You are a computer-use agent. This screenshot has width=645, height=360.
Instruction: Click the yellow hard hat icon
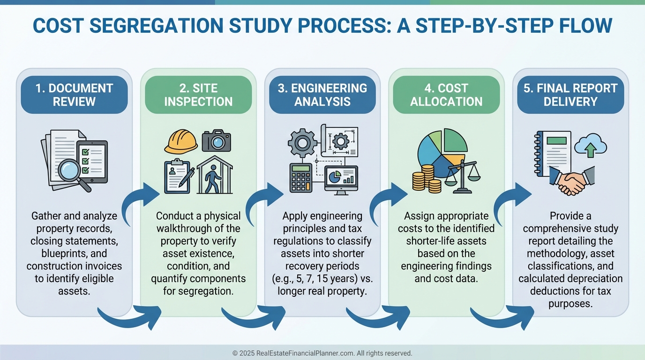click(181, 141)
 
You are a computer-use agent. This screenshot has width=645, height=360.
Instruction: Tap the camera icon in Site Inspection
click(217, 141)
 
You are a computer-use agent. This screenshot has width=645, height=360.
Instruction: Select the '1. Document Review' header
click(74, 95)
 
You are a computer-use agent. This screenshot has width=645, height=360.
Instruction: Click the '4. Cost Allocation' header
click(446, 95)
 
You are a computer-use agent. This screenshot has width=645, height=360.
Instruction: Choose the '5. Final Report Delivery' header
click(570, 95)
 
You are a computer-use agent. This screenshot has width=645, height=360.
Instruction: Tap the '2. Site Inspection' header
click(198, 95)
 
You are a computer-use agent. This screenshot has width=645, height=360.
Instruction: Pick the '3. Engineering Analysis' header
click(322, 95)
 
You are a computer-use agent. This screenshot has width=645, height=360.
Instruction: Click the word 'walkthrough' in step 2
click(187, 229)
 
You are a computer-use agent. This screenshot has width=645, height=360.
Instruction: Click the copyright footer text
click(322, 353)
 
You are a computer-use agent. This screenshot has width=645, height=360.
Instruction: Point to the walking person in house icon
click(215, 176)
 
